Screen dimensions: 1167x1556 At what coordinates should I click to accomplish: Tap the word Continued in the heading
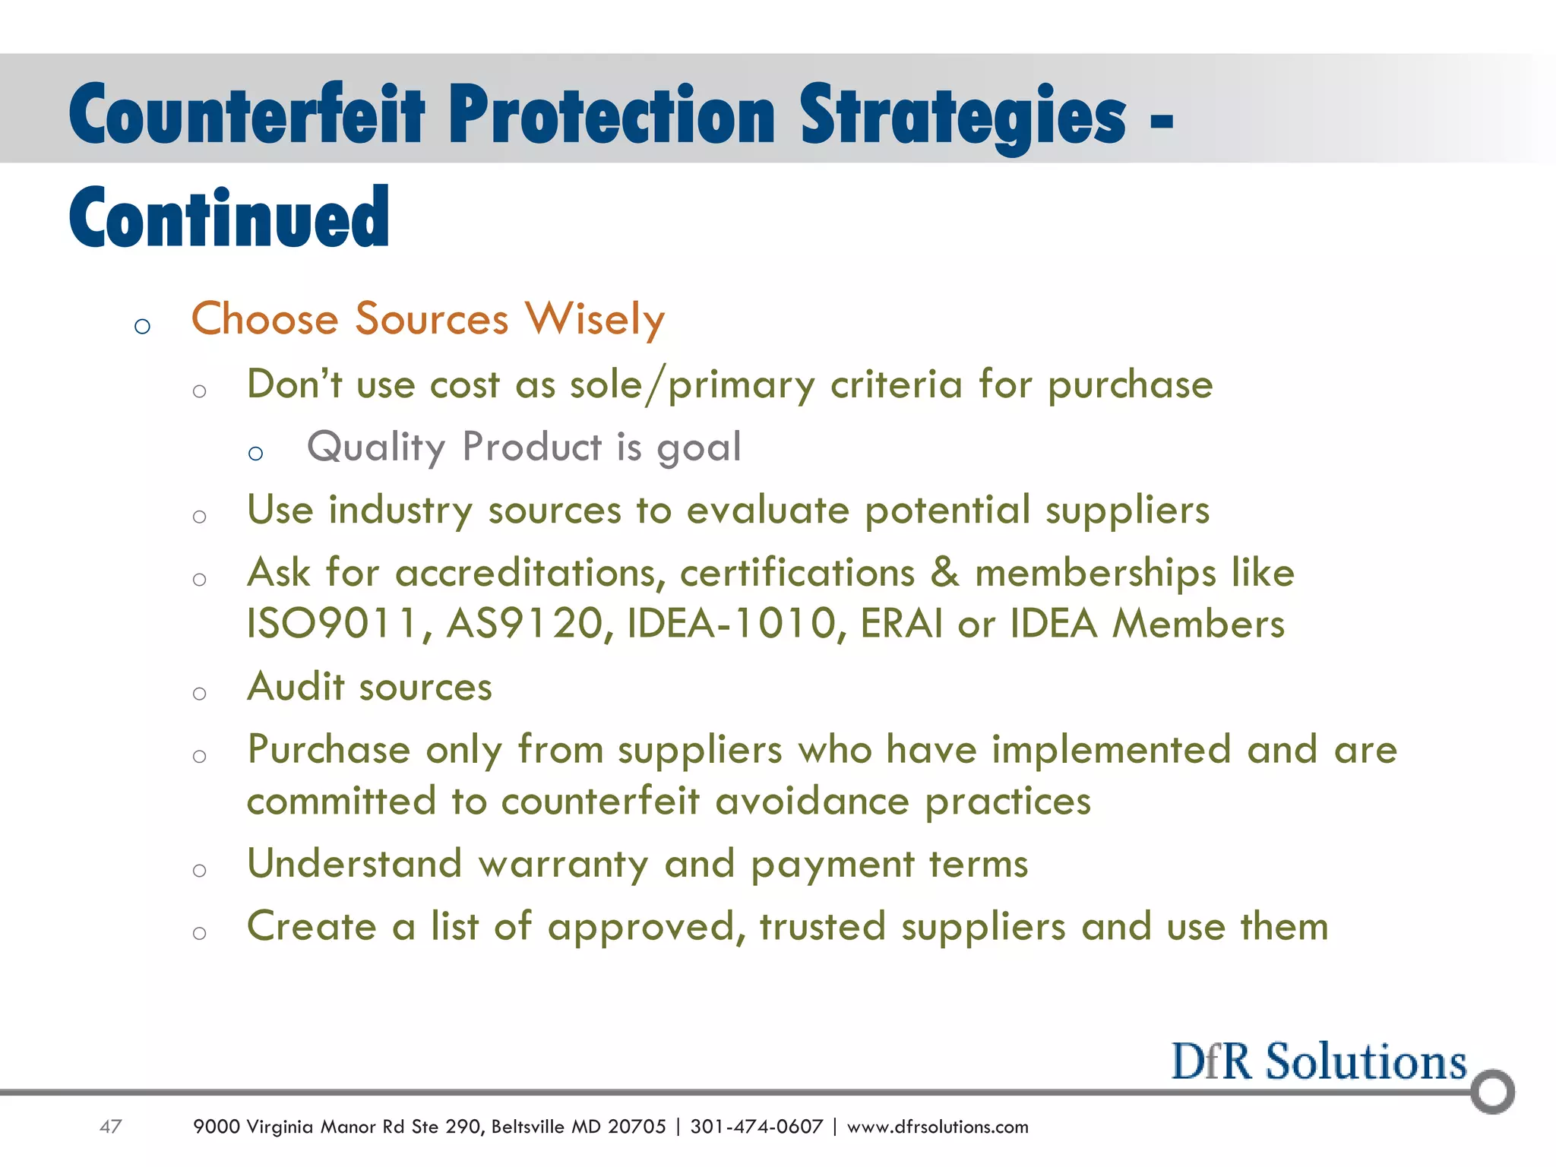click(x=229, y=218)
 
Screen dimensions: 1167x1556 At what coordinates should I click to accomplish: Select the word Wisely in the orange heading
click(x=595, y=318)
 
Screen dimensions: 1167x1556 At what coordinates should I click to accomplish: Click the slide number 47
click(x=111, y=1126)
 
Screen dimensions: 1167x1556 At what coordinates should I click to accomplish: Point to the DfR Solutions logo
click(x=1318, y=1061)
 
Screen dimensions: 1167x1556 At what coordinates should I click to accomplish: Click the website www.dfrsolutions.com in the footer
click(x=937, y=1127)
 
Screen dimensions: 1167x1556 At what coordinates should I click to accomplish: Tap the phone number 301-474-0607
click(x=756, y=1127)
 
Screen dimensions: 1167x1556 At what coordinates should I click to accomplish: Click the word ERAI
click(x=900, y=624)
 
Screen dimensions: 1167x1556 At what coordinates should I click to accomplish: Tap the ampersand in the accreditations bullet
click(x=944, y=572)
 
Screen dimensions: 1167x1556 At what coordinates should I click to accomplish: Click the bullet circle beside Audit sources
click(x=199, y=694)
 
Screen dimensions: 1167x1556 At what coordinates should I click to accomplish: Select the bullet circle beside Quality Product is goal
click(x=255, y=454)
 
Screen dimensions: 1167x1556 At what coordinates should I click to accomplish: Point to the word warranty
click(x=563, y=865)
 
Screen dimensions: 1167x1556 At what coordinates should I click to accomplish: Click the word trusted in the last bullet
click(x=822, y=927)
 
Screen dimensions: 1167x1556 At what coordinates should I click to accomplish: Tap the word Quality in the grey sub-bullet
click(x=375, y=447)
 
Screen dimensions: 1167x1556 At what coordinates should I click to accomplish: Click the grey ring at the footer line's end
click(x=1492, y=1091)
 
